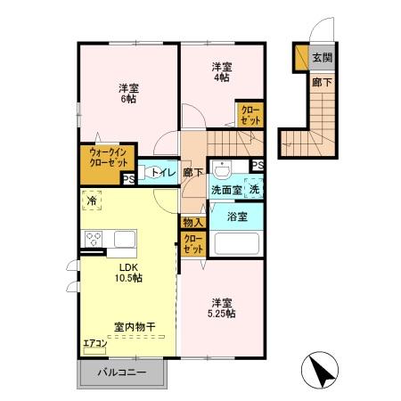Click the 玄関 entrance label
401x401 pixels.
[322, 58]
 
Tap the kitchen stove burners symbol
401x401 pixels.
[94, 239]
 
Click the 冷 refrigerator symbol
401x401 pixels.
[92, 202]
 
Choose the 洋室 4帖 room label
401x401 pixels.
[221, 72]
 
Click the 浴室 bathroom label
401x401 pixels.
[236, 216]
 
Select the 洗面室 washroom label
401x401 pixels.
[225, 190]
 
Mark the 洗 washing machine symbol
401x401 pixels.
[254, 189]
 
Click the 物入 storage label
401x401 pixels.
[192, 222]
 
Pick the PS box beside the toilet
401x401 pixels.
[128, 178]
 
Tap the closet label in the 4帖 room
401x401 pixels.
[250, 114]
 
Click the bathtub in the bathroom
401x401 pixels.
[235, 242]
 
